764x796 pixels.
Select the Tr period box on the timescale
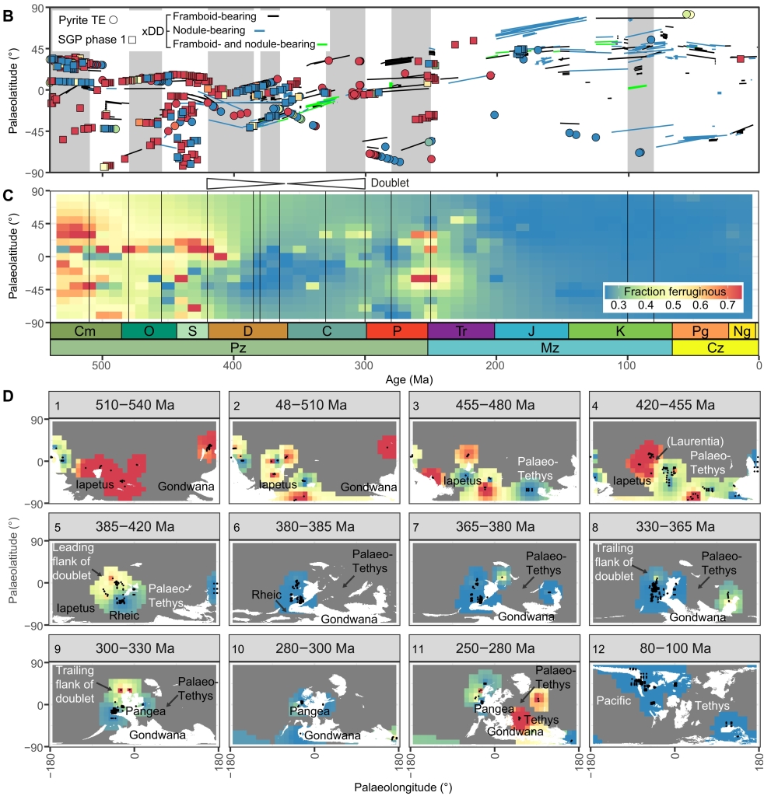461,330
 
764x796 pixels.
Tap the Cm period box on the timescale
86,330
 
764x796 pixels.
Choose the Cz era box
714,348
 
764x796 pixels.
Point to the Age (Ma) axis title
403,381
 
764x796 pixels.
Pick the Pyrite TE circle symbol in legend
113,17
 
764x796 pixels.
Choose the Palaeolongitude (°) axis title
403,786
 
